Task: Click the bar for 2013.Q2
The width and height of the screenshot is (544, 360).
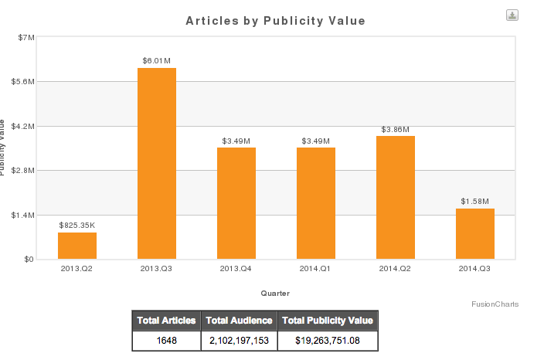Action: pos(77,246)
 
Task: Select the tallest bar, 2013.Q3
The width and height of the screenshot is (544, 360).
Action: pos(157,163)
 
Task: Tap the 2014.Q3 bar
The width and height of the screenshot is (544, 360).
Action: pos(475,233)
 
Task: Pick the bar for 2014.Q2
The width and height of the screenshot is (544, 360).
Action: pos(396,197)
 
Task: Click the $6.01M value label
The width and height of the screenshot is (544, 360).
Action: pos(157,60)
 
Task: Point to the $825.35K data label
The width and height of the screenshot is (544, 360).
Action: pos(77,225)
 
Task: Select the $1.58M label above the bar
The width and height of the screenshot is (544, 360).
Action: pos(475,201)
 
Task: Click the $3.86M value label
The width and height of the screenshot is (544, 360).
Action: pos(396,129)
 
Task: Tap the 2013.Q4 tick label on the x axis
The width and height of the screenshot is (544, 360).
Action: pos(236,269)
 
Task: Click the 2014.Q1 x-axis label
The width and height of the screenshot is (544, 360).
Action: pos(316,269)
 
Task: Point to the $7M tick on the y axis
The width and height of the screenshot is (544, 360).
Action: pos(25,37)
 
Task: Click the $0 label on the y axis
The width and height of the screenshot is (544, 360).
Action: pos(28,260)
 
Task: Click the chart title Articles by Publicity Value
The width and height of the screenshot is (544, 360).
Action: pos(276,21)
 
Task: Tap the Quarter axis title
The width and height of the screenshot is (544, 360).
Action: pos(276,293)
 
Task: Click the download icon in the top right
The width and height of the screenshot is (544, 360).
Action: pos(512,15)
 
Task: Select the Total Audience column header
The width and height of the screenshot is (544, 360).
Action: pos(239,321)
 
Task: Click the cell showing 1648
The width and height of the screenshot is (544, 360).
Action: pos(166,340)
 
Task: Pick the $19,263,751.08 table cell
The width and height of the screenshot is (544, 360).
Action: pos(328,340)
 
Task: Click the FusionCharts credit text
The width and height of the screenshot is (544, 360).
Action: pos(495,304)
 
